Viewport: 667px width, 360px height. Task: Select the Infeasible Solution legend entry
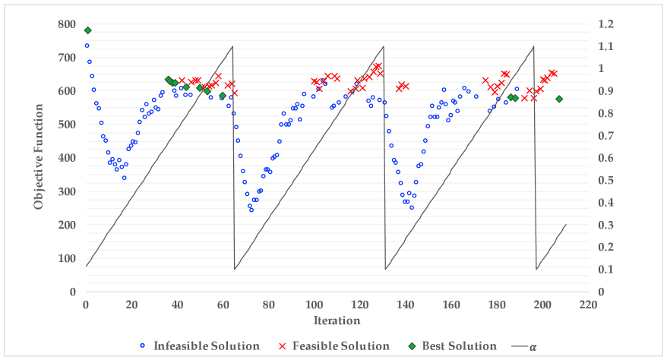[x=206, y=346]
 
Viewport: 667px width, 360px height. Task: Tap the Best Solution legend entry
[x=459, y=346]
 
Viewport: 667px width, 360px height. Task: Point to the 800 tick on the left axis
[x=68, y=24]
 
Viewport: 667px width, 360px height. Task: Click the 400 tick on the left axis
[x=68, y=158]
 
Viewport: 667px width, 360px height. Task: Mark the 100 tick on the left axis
[x=68, y=258]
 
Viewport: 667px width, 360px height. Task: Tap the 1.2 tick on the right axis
[x=605, y=24]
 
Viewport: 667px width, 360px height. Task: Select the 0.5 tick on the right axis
[x=605, y=180]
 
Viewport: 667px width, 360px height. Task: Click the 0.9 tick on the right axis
[x=605, y=91]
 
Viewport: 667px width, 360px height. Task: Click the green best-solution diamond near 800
[x=87, y=30]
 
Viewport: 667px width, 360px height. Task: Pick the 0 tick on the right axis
[x=602, y=292]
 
